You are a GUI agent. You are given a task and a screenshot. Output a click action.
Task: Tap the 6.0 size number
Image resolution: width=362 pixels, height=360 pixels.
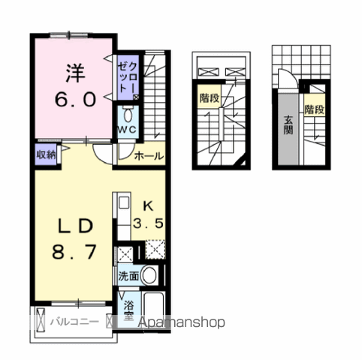point(74,98)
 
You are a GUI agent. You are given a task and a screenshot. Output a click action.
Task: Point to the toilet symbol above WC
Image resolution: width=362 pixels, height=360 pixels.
point(128,115)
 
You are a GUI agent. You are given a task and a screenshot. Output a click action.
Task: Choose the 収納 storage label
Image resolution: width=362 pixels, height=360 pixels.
point(46,155)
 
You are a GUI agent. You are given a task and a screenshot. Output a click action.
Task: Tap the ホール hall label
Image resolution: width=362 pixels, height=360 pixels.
point(149,157)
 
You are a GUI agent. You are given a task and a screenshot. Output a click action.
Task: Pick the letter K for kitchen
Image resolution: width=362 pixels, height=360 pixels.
point(148,205)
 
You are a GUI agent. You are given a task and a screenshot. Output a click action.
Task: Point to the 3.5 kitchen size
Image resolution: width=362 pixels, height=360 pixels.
point(149,223)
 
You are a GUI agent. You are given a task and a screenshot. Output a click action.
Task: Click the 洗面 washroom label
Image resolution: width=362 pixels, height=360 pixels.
point(128,275)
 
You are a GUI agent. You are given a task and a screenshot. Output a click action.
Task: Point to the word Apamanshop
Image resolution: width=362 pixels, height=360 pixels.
point(180,322)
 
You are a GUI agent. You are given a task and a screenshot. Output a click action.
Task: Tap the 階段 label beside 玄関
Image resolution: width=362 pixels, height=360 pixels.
point(314,109)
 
